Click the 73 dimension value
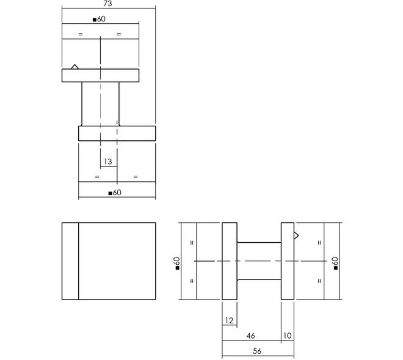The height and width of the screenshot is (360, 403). [107, 3]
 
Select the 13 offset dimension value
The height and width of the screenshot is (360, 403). [108, 162]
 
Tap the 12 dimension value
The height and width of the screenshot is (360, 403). [229, 320]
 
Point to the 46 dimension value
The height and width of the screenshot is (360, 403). [250, 336]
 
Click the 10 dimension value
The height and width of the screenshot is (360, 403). [288, 336]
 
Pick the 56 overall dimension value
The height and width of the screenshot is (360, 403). [257, 351]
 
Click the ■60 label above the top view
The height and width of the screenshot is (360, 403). [99, 19]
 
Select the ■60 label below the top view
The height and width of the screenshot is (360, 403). [115, 193]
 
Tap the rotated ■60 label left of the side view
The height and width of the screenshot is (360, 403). [177, 263]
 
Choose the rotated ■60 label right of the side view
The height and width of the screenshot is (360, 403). [335, 263]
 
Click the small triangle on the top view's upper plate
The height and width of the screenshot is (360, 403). [74, 67]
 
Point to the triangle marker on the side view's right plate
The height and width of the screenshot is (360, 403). [296, 236]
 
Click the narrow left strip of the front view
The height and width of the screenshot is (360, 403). [70, 261]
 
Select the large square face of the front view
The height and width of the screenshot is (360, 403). [117, 261]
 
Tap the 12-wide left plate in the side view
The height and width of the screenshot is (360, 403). [230, 261]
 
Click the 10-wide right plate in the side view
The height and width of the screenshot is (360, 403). [288, 261]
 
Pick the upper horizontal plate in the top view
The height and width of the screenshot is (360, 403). [101, 76]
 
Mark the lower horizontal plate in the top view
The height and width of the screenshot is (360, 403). [117, 133]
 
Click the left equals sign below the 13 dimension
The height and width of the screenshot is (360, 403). [97, 177]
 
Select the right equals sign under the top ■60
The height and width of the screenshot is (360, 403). [118, 34]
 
